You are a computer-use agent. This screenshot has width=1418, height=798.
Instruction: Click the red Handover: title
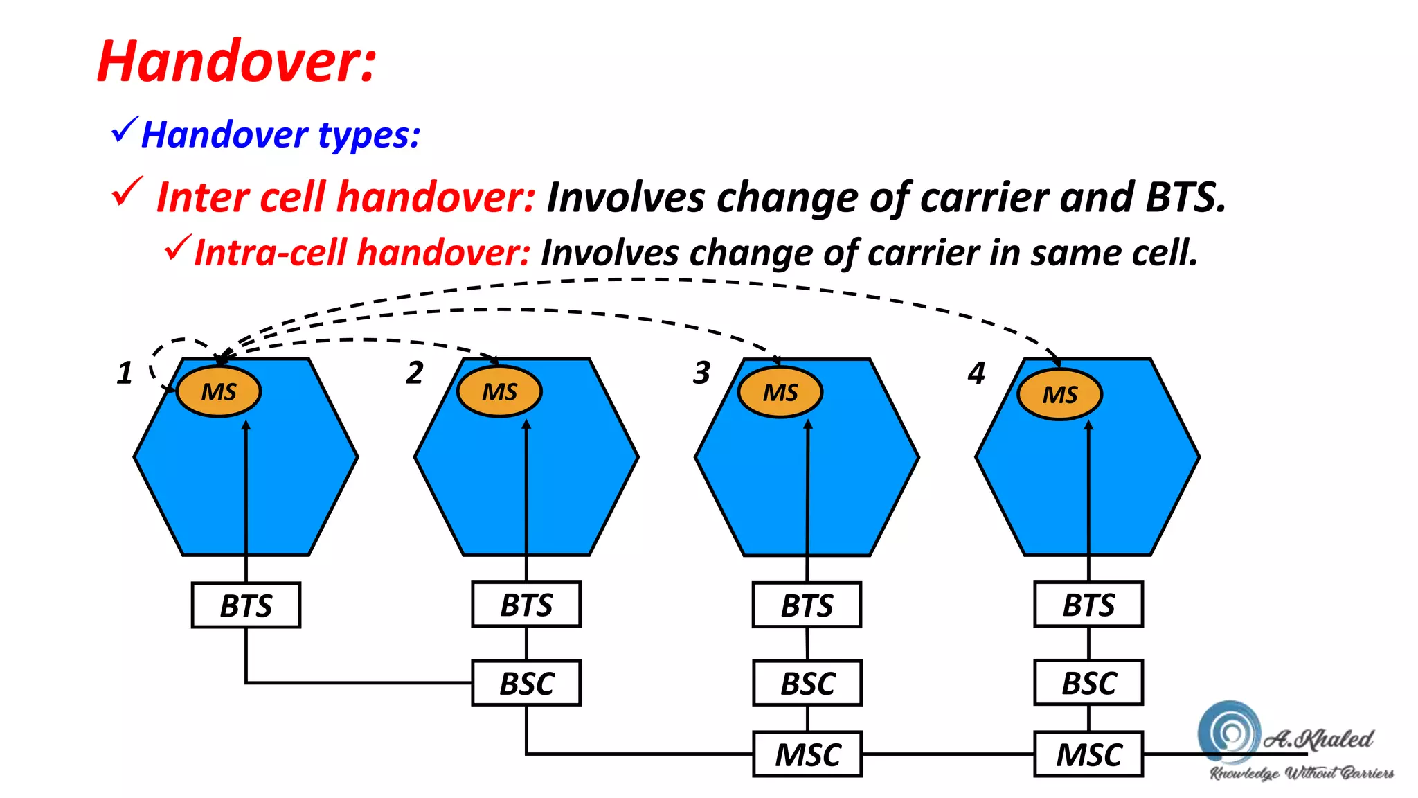pyautogui.click(x=237, y=62)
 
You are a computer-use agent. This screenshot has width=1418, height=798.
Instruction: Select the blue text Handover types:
pyautogui.click(x=280, y=134)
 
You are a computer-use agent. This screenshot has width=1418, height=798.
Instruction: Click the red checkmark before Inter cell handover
pyautogui.click(x=127, y=193)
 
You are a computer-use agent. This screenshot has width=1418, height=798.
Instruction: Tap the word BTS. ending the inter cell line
pyautogui.click(x=1185, y=197)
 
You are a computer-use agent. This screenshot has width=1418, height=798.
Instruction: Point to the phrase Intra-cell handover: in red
pyautogui.click(x=362, y=252)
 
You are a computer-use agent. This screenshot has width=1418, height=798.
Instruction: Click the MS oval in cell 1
pyautogui.click(x=219, y=392)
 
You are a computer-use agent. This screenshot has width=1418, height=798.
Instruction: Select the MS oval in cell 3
pyautogui.click(x=780, y=393)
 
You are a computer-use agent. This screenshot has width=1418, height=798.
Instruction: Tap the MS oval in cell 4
pyautogui.click(x=1060, y=394)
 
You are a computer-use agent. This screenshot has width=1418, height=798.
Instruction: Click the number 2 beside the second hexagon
pyautogui.click(x=415, y=373)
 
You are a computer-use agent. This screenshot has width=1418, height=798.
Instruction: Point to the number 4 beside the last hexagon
pyautogui.click(x=976, y=373)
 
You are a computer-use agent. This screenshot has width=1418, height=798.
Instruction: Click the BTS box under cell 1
pyautogui.click(x=246, y=605)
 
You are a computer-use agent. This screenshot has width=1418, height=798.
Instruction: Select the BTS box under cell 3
pyautogui.click(x=807, y=605)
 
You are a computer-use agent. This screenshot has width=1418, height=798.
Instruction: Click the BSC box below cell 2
pyautogui.click(x=526, y=684)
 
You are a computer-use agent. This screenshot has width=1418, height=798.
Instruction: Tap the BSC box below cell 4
pyautogui.click(x=1088, y=683)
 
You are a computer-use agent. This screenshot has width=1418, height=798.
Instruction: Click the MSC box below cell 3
pyautogui.click(x=807, y=754)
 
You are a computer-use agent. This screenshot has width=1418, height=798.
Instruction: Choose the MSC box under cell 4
pyautogui.click(x=1088, y=754)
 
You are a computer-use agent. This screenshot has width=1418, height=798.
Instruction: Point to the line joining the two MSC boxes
pyautogui.click(x=948, y=754)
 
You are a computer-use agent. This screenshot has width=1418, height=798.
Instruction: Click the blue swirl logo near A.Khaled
pyautogui.click(x=1230, y=731)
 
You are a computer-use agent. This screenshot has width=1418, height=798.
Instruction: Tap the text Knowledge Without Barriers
pyautogui.click(x=1302, y=774)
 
